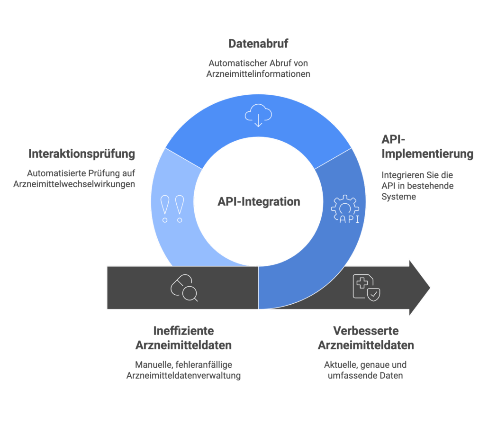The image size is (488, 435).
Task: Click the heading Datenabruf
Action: [x=258, y=44]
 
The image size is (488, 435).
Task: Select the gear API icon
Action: [x=344, y=208]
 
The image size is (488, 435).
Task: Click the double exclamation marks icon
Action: [x=172, y=209]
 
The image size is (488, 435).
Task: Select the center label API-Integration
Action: [x=259, y=201]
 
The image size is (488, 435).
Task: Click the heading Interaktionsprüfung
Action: [x=82, y=154]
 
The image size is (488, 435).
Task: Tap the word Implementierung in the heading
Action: [x=427, y=154]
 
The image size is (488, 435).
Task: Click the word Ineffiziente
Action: [x=183, y=330]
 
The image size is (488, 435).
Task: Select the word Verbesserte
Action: [x=365, y=330]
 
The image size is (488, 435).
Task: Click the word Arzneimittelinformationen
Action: [x=258, y=74]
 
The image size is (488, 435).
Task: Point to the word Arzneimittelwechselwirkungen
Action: [x=74, y=184]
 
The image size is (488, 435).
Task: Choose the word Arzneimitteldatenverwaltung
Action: [x=183, y=376]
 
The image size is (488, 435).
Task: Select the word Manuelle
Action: [x=154, y=365]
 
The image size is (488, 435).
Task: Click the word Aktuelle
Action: [x=341, y=365]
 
